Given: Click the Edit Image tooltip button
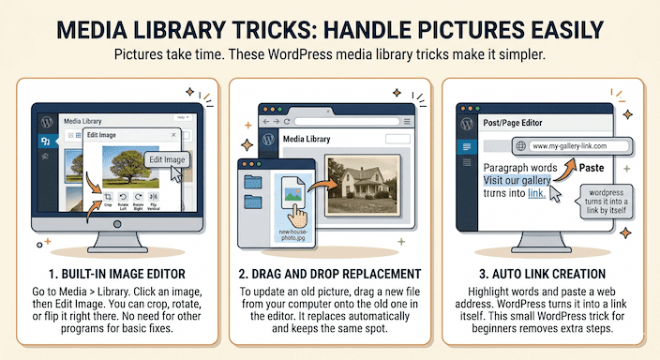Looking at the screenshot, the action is click(x=167, y=159).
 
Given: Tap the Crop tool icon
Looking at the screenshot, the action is click(x=108, y=197).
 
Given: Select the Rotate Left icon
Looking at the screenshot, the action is click(x=123, y=197).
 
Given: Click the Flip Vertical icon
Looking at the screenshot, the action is click(x=153, y=197).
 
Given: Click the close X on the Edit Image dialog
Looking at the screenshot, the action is click(x=173, y=135).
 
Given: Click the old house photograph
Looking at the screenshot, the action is click(x=363, y=185).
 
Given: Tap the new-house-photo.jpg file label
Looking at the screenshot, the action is click(x=293, y=235).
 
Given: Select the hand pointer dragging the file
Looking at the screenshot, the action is click(x=297, y=216).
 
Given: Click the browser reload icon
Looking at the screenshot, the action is click(x=287, y=122).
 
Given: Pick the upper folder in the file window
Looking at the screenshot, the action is click(x=253, y=182).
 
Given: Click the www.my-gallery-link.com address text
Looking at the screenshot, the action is click(x=569, y=146).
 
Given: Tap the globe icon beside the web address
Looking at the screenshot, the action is click(x=520, y=146).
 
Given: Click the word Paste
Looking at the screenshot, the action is click(x=592, y=168).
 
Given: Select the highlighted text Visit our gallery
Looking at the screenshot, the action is click(x=517, y=180).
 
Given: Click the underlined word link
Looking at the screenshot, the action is click(x=536, y=193).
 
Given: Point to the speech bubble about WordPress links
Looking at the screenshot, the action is click(x=607, y=202).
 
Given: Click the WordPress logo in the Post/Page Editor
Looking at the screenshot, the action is click(x=467, y=124).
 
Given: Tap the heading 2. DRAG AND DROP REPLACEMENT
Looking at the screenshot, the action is click(x=330, y=274).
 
